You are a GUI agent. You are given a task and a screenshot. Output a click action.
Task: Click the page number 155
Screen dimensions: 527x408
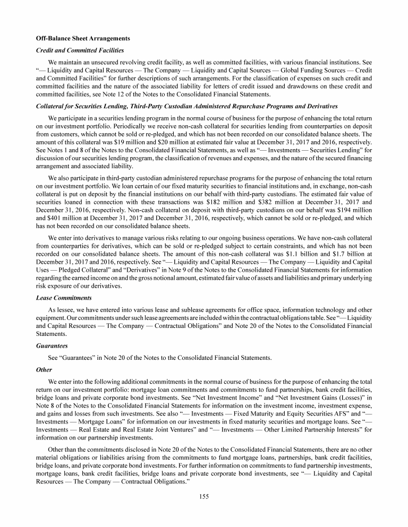[204, 496]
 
